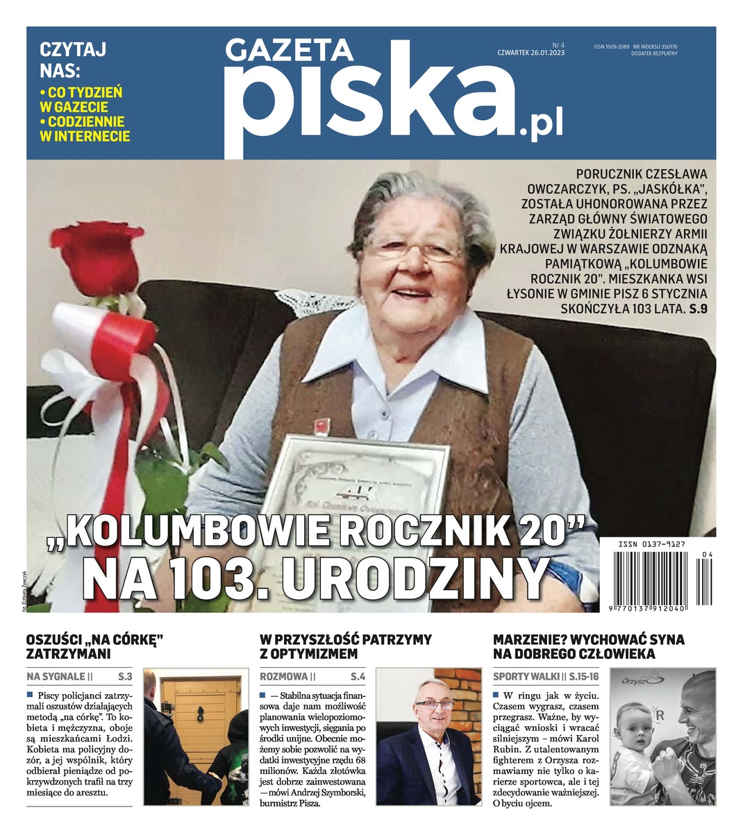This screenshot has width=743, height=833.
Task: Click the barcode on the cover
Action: [657, 576]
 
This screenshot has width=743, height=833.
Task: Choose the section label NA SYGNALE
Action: [56, 676]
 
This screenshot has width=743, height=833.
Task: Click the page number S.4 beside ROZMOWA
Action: [358, 676]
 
